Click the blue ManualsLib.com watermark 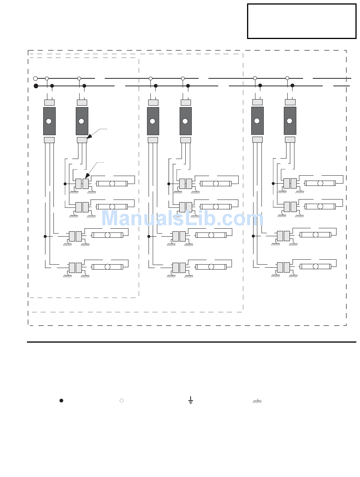tap(182, 219)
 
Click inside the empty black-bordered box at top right tap(302, 21)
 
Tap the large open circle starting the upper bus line tap(36, 78)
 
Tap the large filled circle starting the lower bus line tap(36, 86)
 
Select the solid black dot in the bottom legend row tap(61, 401)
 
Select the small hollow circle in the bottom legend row tap(122, 401)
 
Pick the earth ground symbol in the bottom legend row tap(191, 400)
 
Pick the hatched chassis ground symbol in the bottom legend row tap(257, 401)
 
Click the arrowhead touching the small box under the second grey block tap(89, 136)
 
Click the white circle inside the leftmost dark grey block tap(49, 121)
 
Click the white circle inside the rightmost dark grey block tap(290, 121)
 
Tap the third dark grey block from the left tap(153, 121)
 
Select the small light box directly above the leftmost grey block tap(49, 102)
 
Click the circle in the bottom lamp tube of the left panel tap(108, 267)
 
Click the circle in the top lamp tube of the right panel tap(320, 183)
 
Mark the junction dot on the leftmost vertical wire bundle tap(45, 236)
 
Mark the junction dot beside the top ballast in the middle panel tap(169, 184)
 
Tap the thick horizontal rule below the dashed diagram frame tap(191, 342)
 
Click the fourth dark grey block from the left tap(185, 121)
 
